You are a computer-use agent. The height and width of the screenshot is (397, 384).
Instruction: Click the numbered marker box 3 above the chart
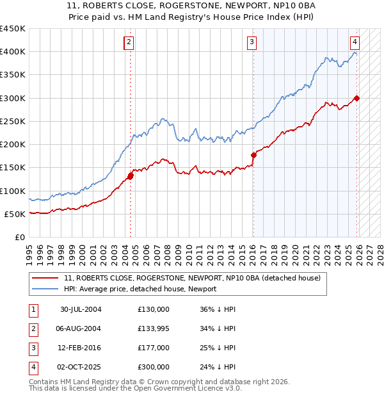click(x=252, y=42)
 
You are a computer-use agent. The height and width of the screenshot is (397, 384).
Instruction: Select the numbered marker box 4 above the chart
click(x=355, y=42)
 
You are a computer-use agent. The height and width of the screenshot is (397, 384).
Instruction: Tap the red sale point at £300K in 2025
click(x=356, y=98)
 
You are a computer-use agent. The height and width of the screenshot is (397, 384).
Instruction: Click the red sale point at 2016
click(x=253, y=155)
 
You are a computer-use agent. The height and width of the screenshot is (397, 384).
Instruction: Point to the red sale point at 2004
click(x=131, y=175)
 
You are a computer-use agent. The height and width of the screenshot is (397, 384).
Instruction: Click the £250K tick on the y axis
click(x=13, y=121)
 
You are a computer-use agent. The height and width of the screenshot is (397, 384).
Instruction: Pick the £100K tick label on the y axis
click(x=13, y=191)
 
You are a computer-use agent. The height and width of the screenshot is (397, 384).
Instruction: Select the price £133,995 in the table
click(x=154, y=328)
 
